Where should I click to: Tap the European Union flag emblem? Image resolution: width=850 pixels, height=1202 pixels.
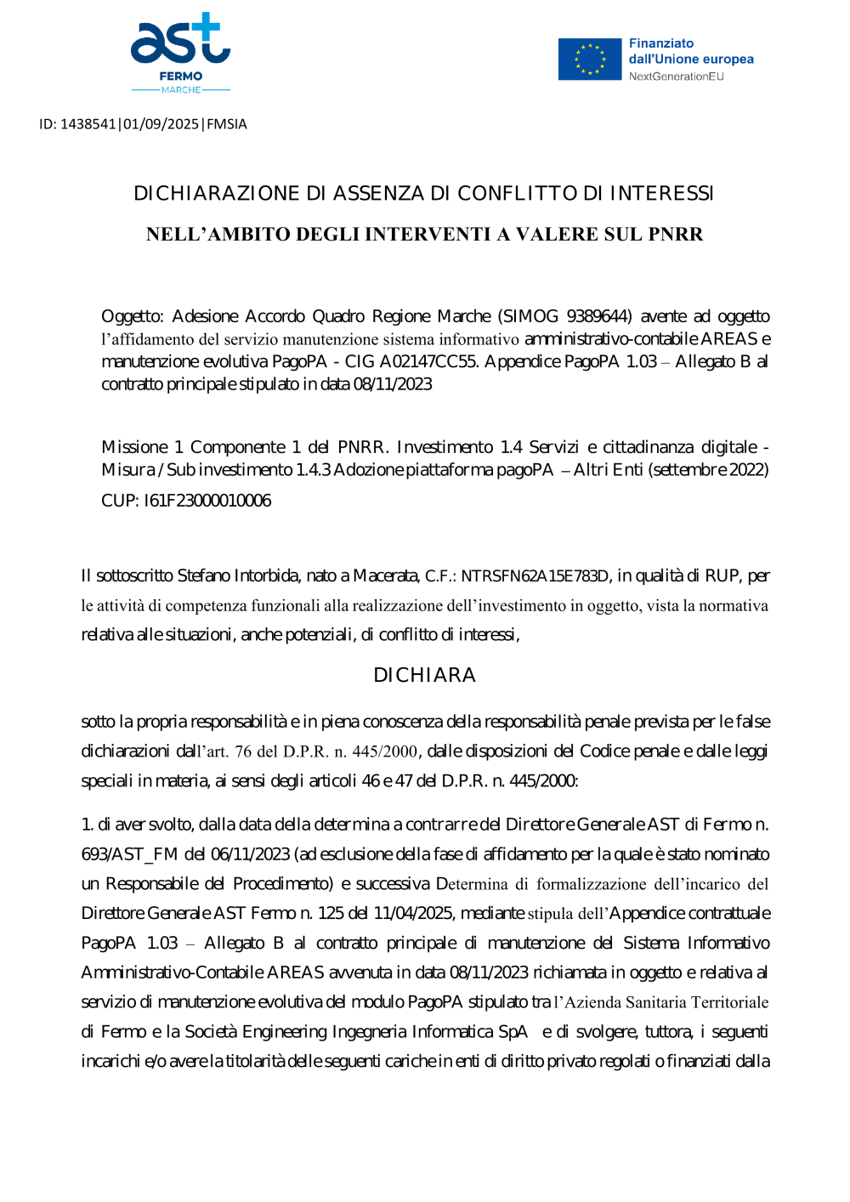coord(590,60)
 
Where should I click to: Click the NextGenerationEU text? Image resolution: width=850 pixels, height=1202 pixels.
coord(677,77)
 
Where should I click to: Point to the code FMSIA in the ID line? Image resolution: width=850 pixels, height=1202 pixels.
coord(227,124)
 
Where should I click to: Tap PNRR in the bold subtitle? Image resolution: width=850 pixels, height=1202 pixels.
coord(676,235)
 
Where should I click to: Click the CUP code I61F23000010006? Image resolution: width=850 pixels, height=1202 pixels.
coord(207,501)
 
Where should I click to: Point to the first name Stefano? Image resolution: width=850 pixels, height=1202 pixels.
coord(203,575)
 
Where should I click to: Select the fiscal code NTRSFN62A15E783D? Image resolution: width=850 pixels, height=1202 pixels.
coord(535,576)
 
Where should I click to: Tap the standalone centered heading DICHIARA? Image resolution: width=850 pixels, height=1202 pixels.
coord(424,676)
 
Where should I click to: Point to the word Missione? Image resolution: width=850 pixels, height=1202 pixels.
coord(134,447)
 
